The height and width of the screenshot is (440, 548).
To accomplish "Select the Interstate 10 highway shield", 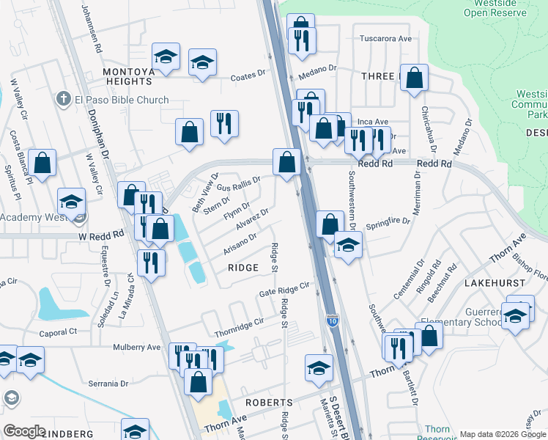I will tap(332, 320).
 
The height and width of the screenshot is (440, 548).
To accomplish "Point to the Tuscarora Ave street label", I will tap(385, 38).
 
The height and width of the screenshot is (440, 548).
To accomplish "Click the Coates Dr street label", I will tap(251, 77).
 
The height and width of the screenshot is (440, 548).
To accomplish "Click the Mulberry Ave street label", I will tap(136, 347).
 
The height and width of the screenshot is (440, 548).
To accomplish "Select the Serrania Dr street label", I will tap(108, 383).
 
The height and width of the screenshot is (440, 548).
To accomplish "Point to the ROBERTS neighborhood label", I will tap(269, 403).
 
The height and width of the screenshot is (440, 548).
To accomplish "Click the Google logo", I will tap(25, 431).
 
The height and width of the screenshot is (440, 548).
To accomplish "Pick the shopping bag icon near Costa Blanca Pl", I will tap(42, 164).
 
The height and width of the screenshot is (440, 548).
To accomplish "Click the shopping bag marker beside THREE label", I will tap(414, 78).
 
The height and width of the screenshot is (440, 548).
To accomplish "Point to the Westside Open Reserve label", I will tap(506, 8).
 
